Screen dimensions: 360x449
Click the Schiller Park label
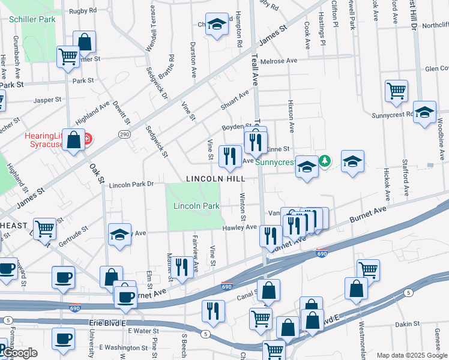click(x=32, y=19)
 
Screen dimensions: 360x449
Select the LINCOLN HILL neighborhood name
click(x=215, y=179)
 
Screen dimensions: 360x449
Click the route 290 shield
click(x=124, y=133)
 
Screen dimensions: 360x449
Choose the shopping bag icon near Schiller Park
click(x=85, y=42)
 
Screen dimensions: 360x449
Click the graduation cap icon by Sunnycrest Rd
click(x=424, y=112)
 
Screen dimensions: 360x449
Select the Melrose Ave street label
click(x=279, y=61)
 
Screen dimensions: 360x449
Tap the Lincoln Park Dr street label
click(x=132, y=184)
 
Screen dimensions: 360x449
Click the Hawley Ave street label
click(x=240, y=227)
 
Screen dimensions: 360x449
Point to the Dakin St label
click(x=408, y=324)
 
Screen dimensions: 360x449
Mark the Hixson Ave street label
click(x=291, y=116)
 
